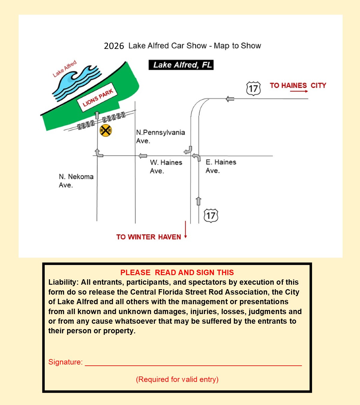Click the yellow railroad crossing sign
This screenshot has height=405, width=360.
(x=106, y=130)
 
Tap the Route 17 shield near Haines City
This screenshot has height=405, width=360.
(x=253, y=88)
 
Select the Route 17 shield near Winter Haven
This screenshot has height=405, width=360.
(x=211, y=216)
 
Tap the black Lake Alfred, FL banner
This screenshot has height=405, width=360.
(x=181, y=65)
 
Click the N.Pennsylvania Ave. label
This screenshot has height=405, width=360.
(x=160, y=136)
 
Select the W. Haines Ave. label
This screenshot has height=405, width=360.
(x=166, y=166)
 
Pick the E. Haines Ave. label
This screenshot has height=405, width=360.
(x=221, y=166)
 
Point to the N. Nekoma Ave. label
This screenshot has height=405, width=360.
(x=76, y=181)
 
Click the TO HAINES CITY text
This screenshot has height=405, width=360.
(x=298, y=85)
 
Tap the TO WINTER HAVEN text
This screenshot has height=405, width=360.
(x=148, y=237)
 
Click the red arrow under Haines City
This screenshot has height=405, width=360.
(x=299, y=91)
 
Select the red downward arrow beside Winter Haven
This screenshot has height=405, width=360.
(x=185, y=230)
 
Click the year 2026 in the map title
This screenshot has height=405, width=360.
(x=114, y=46)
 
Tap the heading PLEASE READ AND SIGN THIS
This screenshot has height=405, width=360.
(x=177, y=272)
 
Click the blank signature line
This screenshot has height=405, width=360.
(x=193, y=364)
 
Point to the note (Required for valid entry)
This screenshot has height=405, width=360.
(x=177, y=379)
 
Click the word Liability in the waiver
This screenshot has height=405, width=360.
(x=63, y=282)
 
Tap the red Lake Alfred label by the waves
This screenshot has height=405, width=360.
(x=64, y=69)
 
